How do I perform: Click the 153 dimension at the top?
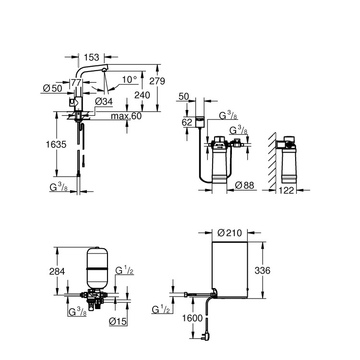[x=91, y=56]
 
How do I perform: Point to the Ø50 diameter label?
[x=53, y=88]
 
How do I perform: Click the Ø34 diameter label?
[x=104, y=101]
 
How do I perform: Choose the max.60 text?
[x=126, y=116]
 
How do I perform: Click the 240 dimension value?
[x=142, y=95]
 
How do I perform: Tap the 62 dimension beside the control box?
[x=187, y=122]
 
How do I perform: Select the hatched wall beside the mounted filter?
[x=272, y=158]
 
